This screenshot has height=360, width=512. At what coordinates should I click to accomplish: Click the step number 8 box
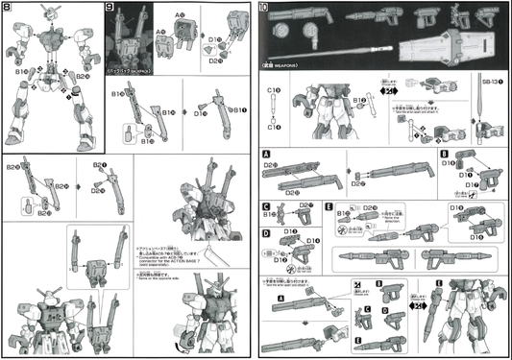click(x=8, y=10)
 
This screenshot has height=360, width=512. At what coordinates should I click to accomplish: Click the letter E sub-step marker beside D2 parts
click(x=329, y=205)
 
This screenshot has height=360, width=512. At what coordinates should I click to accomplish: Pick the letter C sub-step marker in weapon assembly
click(x=266, y=205)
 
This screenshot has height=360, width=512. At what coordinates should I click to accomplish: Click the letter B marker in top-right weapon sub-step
click(x=444, y=153)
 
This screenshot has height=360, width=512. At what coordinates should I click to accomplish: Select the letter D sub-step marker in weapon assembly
click(x=266, y=232)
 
